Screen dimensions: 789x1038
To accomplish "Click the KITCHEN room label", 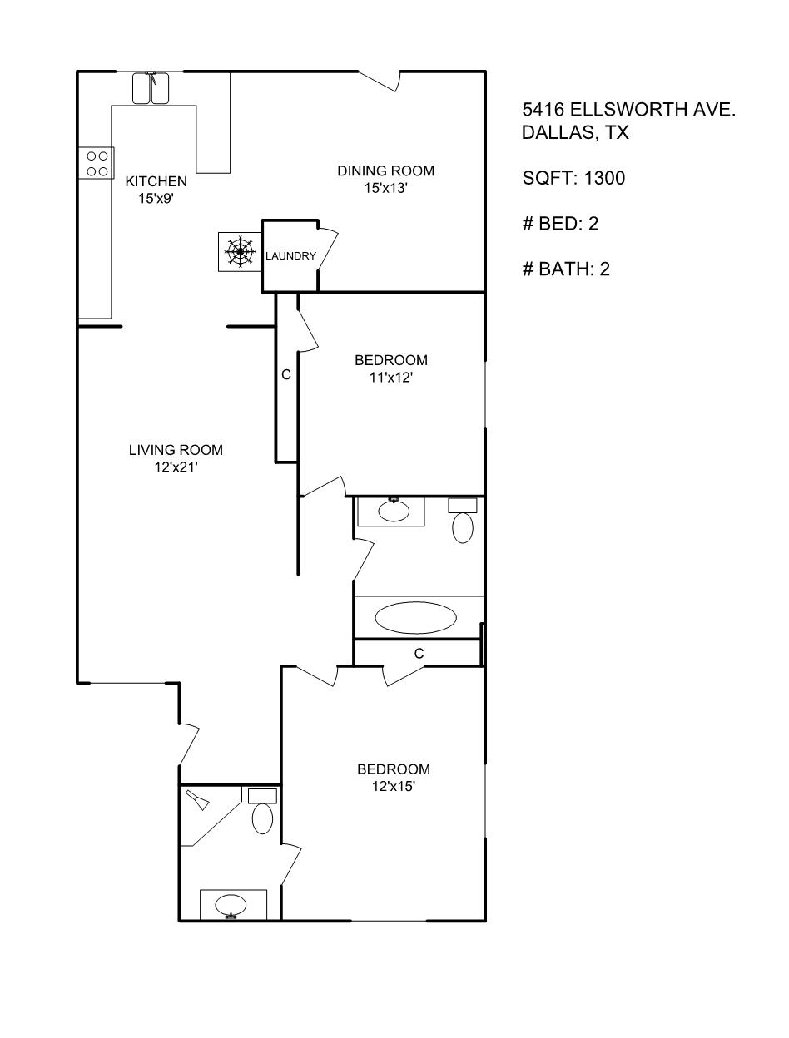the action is pyautogui.click(x=156, y=181).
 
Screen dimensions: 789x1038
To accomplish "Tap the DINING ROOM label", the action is pyautogui.click(x=385, y=171).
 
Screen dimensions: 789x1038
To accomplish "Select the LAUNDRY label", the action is pyautogui.click(x=290, y=256).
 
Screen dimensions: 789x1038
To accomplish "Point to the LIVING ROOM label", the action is pyautogui.click(x=176, y=450).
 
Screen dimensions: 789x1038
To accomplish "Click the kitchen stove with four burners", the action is pyautogui.click(x=97, y=163).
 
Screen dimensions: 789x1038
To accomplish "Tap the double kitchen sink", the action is pyautogui.click(x=151, y=88).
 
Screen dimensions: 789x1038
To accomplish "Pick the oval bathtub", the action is pyautogui.click(x=415, y=618).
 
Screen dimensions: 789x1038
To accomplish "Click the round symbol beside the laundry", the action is pyautogui.click(x=240, y=251).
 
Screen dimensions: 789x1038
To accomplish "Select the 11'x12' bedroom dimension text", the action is pyautogui.click(x=391, y=378).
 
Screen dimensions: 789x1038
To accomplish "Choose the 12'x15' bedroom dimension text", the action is pyautogui.click(x=394, y=786).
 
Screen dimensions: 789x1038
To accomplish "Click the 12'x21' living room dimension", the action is pyautogui.click(x=176, y=467).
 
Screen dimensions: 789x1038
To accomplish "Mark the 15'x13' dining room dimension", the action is pyautogui.click(x=385, y=188).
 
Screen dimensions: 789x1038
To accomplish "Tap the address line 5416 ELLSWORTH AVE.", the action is pyautogui.click(x=628, y=110).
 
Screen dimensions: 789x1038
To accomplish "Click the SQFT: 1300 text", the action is pyautogui.click(x=573, y=178).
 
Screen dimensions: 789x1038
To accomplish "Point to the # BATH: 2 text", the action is pyautogui.click(x=566, y=269).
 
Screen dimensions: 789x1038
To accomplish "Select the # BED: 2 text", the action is pyautogui.click(x=560, y=224).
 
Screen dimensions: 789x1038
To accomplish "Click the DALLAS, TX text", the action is pyautogui.click(x=575, y=133).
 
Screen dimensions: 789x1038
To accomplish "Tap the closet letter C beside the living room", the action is pyautogui.click(x=286, y=375).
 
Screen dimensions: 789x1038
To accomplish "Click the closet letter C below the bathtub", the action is pyautogui.click(x=419, y=654).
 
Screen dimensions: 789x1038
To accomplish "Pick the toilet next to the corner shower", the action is pyautogui.click(x=262, y=812).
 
